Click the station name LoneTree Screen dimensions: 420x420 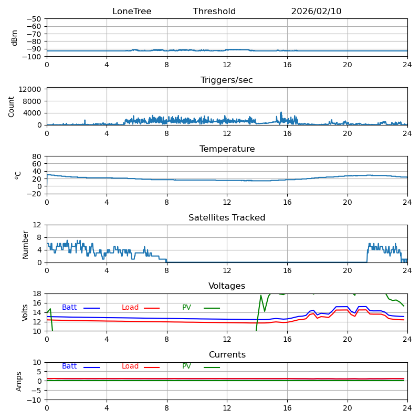tap(132, 12)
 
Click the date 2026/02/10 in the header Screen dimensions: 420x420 tap(316, 12)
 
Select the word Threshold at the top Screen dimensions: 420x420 tap(214, 12)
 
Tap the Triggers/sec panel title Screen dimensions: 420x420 tap(227, 80)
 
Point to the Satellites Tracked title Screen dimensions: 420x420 tap(227, 218)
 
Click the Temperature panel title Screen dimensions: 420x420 tap(227, 149)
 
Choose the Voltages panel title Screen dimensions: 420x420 tap(227, 286)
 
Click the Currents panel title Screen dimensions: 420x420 tap(227, 355)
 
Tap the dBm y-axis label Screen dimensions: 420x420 tap(15, 37)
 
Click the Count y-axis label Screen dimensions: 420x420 tap(12, 106)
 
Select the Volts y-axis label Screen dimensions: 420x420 tap(25, 312)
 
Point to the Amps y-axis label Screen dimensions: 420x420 tap(19, 381)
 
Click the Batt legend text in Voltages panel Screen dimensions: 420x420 tap(69, 308)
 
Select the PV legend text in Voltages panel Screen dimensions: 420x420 tap(186, 308)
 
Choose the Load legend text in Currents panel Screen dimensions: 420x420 tap(130, 366)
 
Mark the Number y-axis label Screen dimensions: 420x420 tap(25, 244)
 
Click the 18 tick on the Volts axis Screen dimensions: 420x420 tap(37, 293)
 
